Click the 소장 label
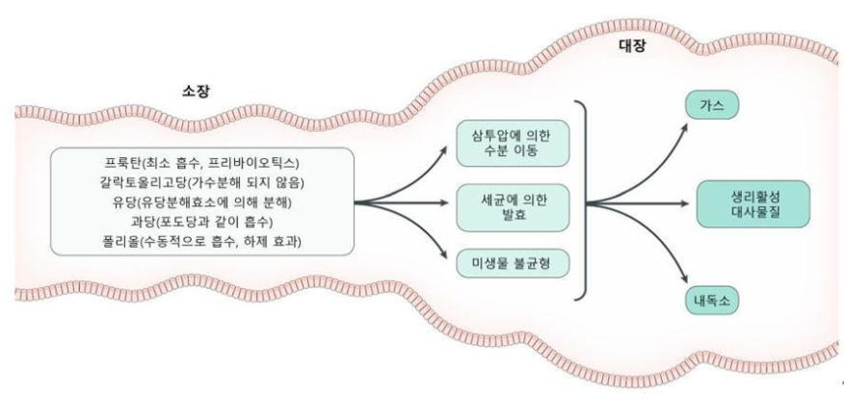point(195,92)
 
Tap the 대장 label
point(632,46)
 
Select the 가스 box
point(712,105)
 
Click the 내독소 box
point(712,301)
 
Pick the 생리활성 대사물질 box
point(753,204)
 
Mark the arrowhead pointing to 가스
point(684,126)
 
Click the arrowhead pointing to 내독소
point(684,279)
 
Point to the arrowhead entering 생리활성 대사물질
point(685,204)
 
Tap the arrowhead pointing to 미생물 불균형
point(443,255)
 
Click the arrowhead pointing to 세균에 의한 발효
point(443,203)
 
